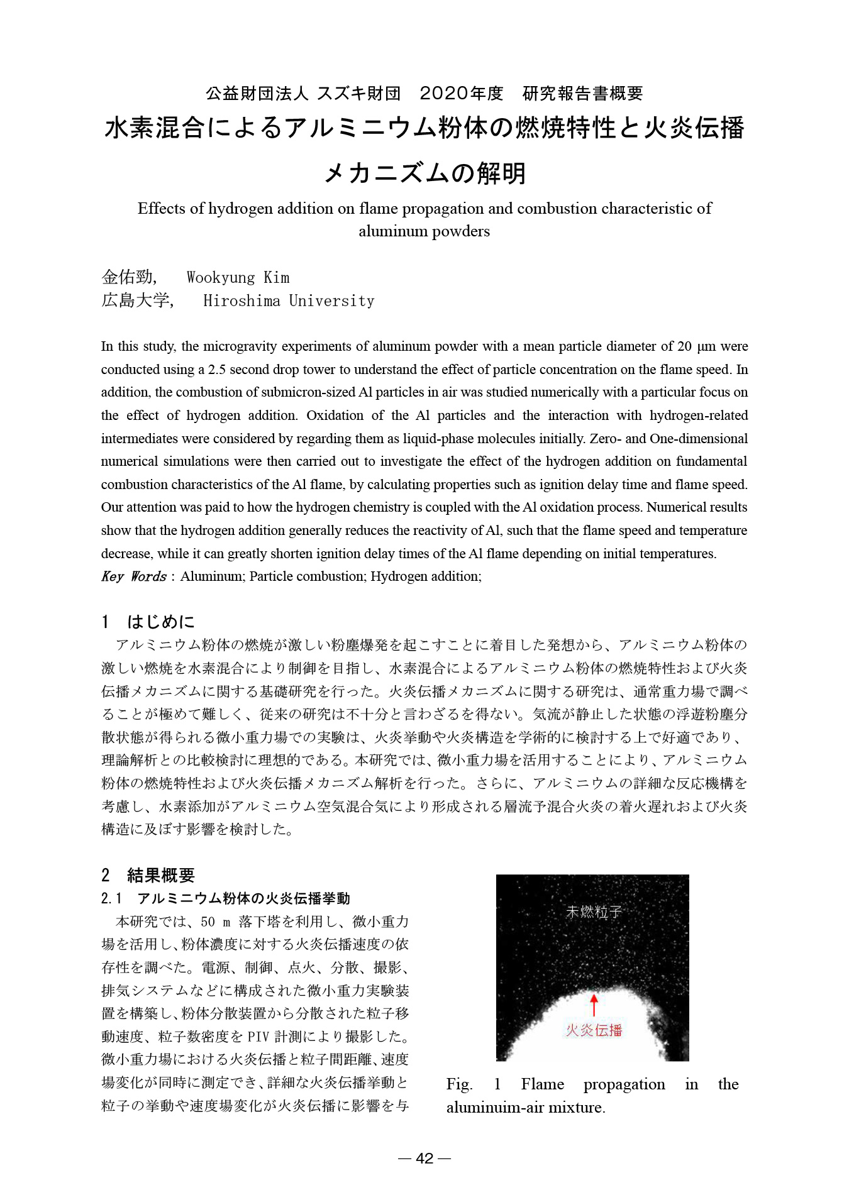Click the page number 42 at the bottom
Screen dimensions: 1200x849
coord(425,1158)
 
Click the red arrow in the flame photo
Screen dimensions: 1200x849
coord(593,1004)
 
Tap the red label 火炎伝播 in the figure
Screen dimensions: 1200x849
coord(594,1030)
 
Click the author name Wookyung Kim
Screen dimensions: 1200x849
coord(238,277)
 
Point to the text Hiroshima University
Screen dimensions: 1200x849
coord(289,300)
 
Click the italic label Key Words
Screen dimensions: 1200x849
coord(133,576)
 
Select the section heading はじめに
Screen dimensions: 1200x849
coord(161,622)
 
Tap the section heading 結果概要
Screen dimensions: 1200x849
coord(161,875)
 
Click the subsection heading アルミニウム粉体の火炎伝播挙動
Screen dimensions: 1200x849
coord(243,898)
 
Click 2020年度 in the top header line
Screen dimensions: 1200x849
coord(461,94)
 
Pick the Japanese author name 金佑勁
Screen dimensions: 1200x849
coord(128,277)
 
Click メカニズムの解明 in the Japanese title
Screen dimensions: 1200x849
coord(425,173)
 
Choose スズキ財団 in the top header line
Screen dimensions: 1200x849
coord(358,94)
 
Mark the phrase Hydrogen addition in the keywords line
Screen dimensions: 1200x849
coord(425,576)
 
